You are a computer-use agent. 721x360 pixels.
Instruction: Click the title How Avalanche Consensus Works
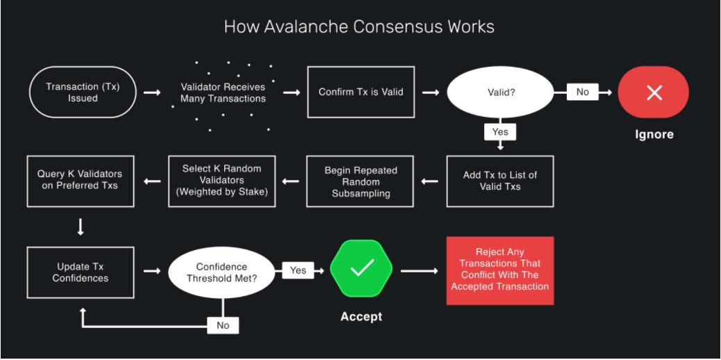[x=359, y=27]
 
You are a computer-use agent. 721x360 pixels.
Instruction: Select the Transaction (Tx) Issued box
[x=82, y=92]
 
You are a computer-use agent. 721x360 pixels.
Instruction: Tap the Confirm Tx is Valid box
[x=360, y=92]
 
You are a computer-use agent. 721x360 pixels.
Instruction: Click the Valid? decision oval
[x=499, y=92]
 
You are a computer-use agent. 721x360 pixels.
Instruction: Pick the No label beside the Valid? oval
[x=582, y=92]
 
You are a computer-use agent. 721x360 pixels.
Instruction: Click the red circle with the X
[x=654, y=92]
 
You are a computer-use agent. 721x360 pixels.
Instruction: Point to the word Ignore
[x=654, y=134]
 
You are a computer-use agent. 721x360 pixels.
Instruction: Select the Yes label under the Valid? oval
[x=500, y=132]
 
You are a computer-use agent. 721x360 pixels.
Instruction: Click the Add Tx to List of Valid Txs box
[x=500, y=181]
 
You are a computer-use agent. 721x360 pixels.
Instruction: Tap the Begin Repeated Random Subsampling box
[x=360, y=181]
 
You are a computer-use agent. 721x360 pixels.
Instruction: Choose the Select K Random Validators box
[x=222, y=181]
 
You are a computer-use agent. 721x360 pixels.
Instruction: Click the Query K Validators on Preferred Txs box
[x=80, y=180]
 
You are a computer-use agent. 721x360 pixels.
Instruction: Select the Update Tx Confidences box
[x=80, y=272]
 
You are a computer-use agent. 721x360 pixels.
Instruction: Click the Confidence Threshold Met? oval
[x=222, y=272]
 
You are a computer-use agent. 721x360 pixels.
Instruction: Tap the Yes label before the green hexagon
[x=298, y=270]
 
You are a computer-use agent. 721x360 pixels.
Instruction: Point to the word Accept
[x=361, y=317]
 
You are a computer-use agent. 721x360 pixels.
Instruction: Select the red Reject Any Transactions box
[x=499, y=270]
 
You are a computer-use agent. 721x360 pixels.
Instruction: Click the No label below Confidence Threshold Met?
[x=222, y=325]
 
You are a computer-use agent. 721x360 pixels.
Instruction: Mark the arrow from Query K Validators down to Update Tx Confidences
[x=81, y=226]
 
